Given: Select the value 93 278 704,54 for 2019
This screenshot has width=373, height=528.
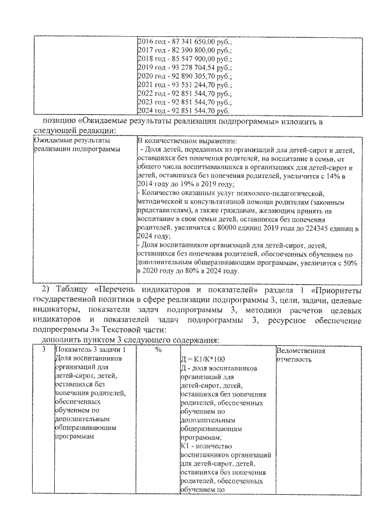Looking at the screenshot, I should [x=197, y=68].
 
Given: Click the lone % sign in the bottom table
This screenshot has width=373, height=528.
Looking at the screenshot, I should [x=158, y=350].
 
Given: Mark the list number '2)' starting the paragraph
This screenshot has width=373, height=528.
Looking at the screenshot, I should [x=47, y=290].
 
